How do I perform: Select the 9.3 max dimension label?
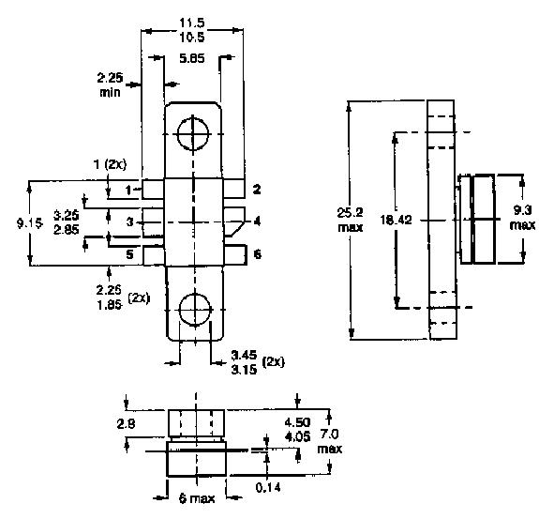coord(522,219)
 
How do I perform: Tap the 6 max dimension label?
coord(195,498)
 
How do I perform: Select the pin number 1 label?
coord(130,191)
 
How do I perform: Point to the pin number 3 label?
coord(130,221)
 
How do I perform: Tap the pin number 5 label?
coord(130,253)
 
